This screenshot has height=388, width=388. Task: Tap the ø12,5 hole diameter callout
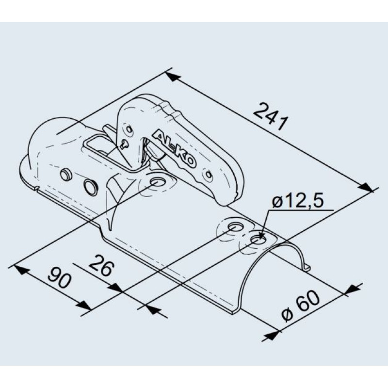[298, 202]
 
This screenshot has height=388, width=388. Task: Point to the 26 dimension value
[101, 265]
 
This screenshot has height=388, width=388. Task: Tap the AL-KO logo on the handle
[175, 149]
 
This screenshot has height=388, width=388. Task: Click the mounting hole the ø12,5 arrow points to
[258, 240]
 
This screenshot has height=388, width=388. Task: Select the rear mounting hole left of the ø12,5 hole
[236, 227]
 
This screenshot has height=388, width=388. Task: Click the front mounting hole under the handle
[159, 182]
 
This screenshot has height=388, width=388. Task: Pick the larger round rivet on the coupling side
[91, 186]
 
